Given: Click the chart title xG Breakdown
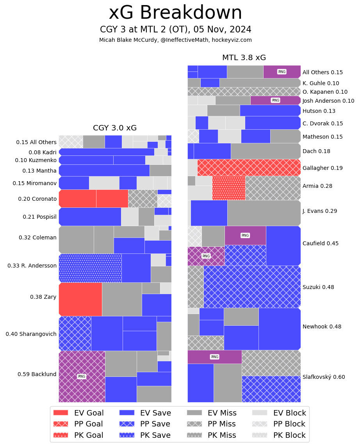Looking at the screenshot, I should tap(175, 13).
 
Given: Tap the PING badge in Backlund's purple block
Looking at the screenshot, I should tap(82, 376).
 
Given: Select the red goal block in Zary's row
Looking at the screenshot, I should tap(80, 299).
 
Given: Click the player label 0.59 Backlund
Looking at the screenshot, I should tap(37, 374).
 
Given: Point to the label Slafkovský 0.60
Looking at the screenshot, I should tap(324, 377).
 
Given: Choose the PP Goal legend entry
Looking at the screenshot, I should tap(78, 424).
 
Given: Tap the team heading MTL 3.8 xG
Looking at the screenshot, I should tap(244, 58).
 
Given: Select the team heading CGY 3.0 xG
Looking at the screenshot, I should tap(115, 128).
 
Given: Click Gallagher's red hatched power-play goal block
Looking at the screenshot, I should tap(249, 168).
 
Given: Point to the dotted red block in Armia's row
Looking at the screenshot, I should tap(229, 188).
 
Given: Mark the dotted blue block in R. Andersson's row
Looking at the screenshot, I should tap(90, 268).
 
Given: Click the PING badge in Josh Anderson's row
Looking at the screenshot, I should tap(275, 100).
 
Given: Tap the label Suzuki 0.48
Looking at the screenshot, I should tap(318, 287).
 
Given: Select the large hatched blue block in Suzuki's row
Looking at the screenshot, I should tap(252, 287).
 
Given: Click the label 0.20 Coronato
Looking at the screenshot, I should tap(37, 199).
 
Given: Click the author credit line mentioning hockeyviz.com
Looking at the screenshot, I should tap(175, 40).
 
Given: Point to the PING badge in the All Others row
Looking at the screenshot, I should tap(282, 72).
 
